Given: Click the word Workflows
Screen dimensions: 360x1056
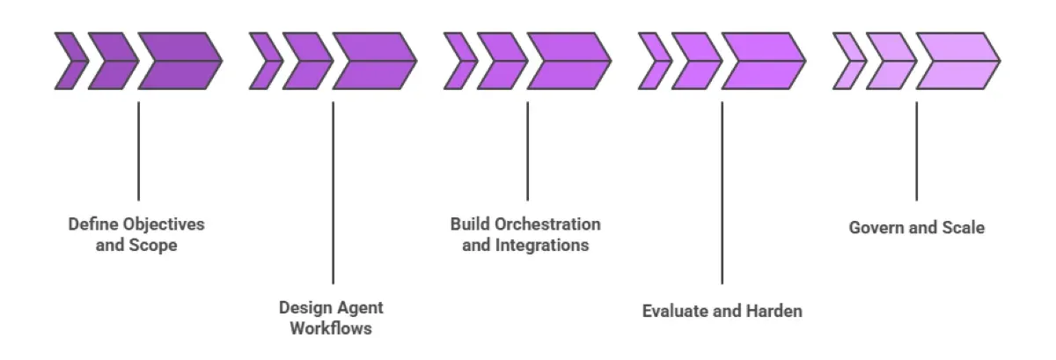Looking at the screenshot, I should pyautogui.click(x=332, y=328).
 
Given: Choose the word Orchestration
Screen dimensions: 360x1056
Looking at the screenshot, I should pyautogui.click(x=548, y=224).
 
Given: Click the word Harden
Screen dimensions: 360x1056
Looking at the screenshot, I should pyautogui.click(x=773, y=311).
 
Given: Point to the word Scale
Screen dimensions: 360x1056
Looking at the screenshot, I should pyautogui.click(x=962, y=227).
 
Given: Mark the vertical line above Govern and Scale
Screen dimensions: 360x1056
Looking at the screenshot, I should pyautogui.click(x=916, y=151).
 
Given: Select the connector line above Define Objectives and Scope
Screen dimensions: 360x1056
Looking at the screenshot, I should pyautogui.click(x=138, y=151).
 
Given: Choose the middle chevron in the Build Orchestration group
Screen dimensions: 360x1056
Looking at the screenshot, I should pyautogui.click(x=500, y=62).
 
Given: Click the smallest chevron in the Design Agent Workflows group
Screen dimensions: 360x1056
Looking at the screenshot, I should pyautogui.click(x=263, y=62).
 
